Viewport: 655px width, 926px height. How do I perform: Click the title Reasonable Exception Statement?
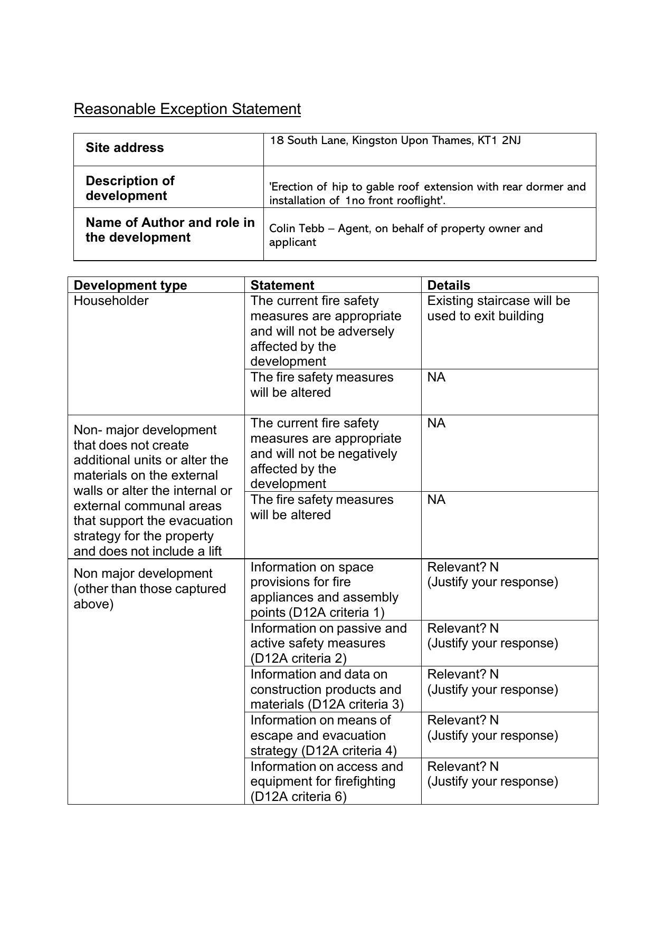click(187, 109)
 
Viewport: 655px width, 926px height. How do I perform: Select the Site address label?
click(125, 148)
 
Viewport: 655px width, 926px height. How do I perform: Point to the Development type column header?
click(130, 285)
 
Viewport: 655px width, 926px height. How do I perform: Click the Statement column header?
click(282, 285)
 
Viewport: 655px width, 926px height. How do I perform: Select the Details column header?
click(448, 285)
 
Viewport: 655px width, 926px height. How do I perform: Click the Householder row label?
click(111, 301)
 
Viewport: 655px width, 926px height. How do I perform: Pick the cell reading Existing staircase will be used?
click(498, 308)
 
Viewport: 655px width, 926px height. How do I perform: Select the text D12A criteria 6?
click(298, 797)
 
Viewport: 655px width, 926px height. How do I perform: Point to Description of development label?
click(130, 188)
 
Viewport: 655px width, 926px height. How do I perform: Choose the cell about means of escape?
click(323, 735)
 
